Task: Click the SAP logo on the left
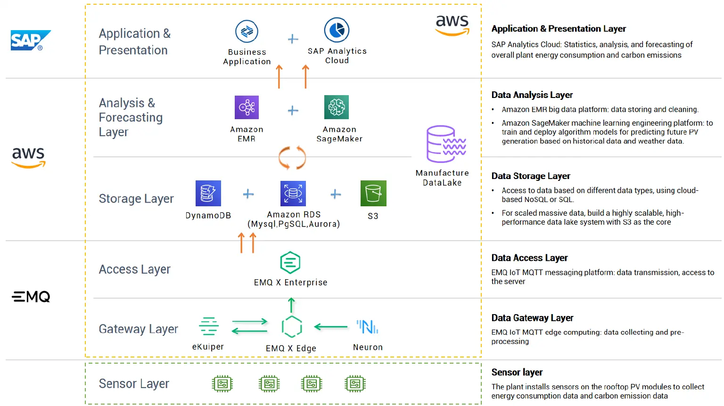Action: click(x=31, y=41)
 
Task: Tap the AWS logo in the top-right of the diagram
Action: click(x=452, y=25)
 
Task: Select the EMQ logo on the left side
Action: click(x=31, y=297)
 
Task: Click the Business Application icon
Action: click(x=247, y=32)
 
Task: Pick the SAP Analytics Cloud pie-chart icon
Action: click(x=337, y=30)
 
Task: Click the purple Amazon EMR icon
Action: click(x=247, y=107)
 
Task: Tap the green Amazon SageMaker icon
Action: click(x=337, y=107)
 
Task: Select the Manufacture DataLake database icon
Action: click(x=445, y=144)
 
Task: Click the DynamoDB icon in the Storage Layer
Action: click(x=208, y=193)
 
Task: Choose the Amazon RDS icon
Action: click(x=293, y=193)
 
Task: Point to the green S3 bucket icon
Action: click(x=373, y=193)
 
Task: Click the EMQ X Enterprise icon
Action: click(x=290, y=262)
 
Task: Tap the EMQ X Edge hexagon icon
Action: click(x=291, y=327)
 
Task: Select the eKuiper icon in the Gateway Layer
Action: click(x=208, y=326)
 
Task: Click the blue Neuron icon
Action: click(x=368, y=326)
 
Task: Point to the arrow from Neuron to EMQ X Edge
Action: click(x=331, y=326)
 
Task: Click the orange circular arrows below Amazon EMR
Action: click(x=292, y=158)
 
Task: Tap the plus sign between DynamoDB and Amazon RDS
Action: click(x=248, y=194)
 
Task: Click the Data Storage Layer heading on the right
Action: click(x=531, y=176)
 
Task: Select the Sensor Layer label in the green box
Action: click(x=134, y=384)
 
